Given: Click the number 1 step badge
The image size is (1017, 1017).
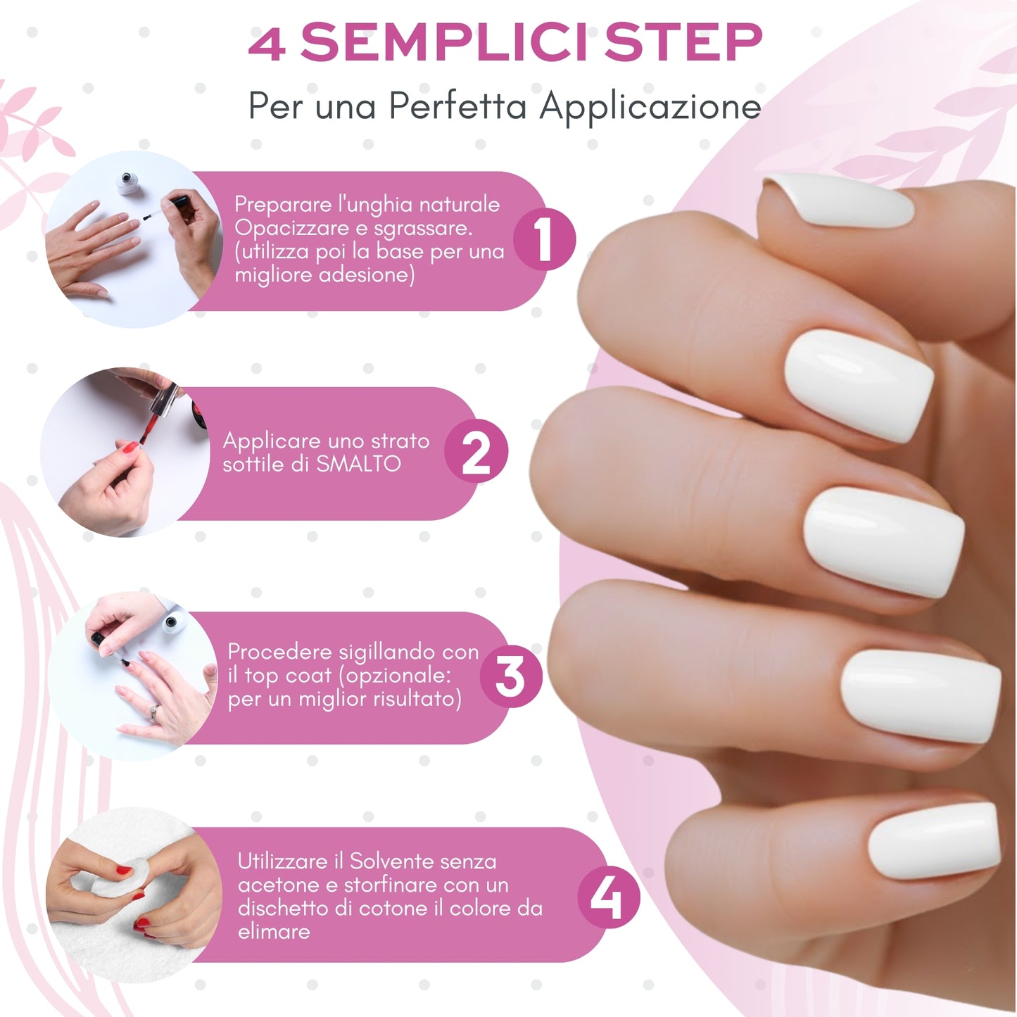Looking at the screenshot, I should pyautogui.click(x=543, y=239).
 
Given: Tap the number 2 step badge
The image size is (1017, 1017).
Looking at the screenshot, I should pyautogui.click(x=476, y=453).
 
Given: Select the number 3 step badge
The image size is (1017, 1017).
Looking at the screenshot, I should pyautogui.click(x=510, y=676).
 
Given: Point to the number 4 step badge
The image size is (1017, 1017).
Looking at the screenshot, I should pyautogui.click(x=607, y=897).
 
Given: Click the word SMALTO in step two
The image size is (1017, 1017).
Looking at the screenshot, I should pyautogui.click(x=358, y=464).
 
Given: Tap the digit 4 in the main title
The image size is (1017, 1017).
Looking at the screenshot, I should pyautogui.click(x=267, y=44).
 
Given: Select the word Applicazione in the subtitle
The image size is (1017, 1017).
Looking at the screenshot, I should pyautogui.click(x=650, y=107).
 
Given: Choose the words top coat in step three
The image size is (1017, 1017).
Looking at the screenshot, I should pyautogui.click(x=288, y=676).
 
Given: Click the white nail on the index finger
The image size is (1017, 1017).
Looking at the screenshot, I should pyautogui.click(x=859, y=386).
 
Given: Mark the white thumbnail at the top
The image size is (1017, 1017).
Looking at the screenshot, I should pyautogui.click(x=841, y=201).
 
